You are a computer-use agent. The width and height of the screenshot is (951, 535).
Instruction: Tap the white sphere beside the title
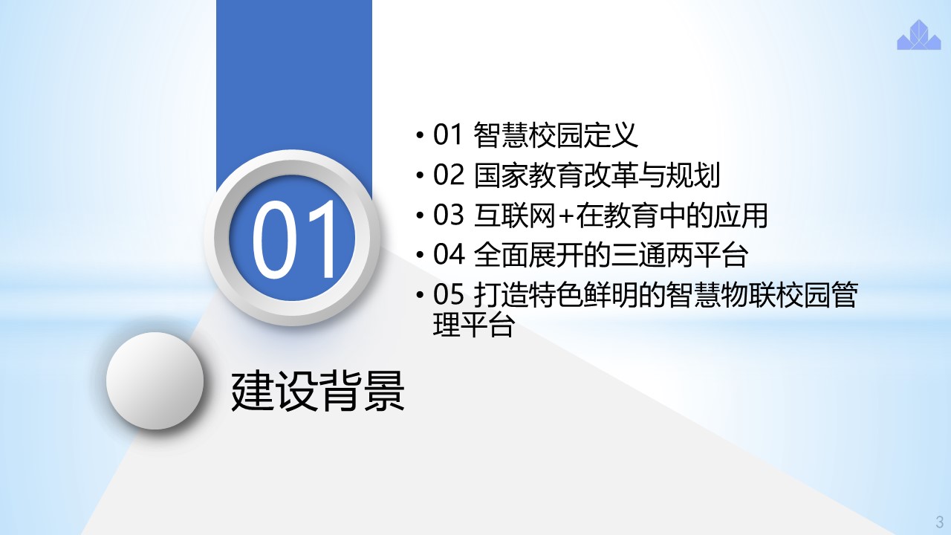(x=155, y=381)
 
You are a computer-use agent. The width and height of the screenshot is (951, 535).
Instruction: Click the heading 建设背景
(x=317, y=391)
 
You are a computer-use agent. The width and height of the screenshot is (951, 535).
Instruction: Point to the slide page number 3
(x=940, y=521)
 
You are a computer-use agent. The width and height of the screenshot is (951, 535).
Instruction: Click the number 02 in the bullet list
(x=448, y=175)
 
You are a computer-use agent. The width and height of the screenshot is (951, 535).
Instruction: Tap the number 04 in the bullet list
(x=448, y=254)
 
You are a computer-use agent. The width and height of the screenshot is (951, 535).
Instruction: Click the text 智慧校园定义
(x=555, y=134)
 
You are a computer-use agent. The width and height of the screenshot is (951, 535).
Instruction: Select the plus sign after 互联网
(x=565, y=216)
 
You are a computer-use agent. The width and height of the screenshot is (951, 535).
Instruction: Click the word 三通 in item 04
(x=637, y=254)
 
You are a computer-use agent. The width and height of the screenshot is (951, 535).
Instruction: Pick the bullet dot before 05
(x=420, y=295)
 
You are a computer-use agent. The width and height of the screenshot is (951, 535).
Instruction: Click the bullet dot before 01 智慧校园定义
(x=420, y=135)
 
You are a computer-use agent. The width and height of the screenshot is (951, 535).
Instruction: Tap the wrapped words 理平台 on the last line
(x=473, y=325)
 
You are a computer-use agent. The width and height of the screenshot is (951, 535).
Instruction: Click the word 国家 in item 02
(x=501, y=175)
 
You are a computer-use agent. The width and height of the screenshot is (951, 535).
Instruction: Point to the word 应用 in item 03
(x=740, y=215)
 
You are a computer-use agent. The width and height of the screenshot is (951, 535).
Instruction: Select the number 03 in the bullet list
(x=448, y=215)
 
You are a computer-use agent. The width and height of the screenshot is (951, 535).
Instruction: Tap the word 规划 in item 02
(x=693, y=175)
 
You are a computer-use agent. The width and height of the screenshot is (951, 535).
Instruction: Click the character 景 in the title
(x=384, y=391)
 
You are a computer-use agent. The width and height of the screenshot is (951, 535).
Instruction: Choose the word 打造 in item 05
(x=501, y=294)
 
